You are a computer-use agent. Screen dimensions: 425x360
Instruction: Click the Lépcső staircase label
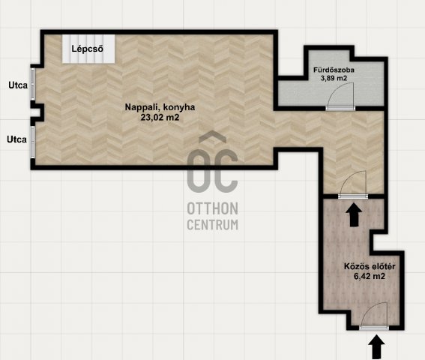point(87,49)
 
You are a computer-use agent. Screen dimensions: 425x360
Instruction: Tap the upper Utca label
point(18,85)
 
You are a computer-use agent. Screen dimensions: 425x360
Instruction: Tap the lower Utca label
point(16,139)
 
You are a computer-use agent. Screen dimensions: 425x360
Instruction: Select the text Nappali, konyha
point(160,107)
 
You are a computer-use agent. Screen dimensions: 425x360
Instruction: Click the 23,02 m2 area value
point(160,118)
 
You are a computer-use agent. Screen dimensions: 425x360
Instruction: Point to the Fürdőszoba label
point(334,70)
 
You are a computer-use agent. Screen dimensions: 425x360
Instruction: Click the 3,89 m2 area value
point(334,78)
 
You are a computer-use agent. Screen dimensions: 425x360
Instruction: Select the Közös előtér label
point(370,266)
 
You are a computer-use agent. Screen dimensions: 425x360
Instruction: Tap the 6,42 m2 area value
point(370,276)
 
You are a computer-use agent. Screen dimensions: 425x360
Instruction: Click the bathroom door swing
point(340,95)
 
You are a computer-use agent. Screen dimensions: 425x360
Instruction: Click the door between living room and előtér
point(353,184)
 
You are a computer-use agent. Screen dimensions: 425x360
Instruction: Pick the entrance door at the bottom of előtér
point(374,315)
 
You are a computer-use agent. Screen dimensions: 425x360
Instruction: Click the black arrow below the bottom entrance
point(376,347)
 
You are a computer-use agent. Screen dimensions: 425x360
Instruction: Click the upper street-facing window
point(32,84)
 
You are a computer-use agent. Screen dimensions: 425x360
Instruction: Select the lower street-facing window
point(32,142)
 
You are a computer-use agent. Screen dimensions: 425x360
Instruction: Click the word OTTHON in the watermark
point(213,208)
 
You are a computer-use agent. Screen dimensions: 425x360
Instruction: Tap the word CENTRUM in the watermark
point(213,225)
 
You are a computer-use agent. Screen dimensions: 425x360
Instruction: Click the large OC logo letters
point(213,171)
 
